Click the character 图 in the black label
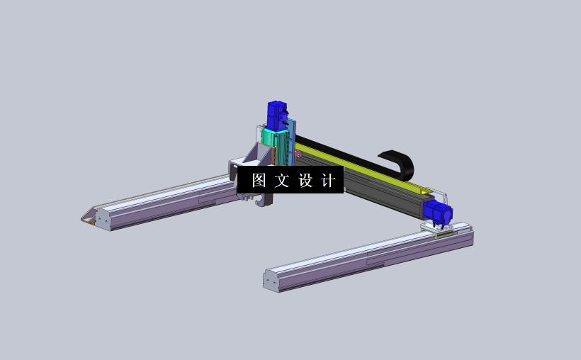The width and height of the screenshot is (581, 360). pyautogui.click(x=259, y=181)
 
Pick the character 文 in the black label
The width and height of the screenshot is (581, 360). pyautogui.click(x=281, y=181)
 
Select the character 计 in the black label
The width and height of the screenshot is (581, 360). pyautogui.click(x=328, y=181)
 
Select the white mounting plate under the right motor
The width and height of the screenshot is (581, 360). pyautogui.click(x=434, y=227)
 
